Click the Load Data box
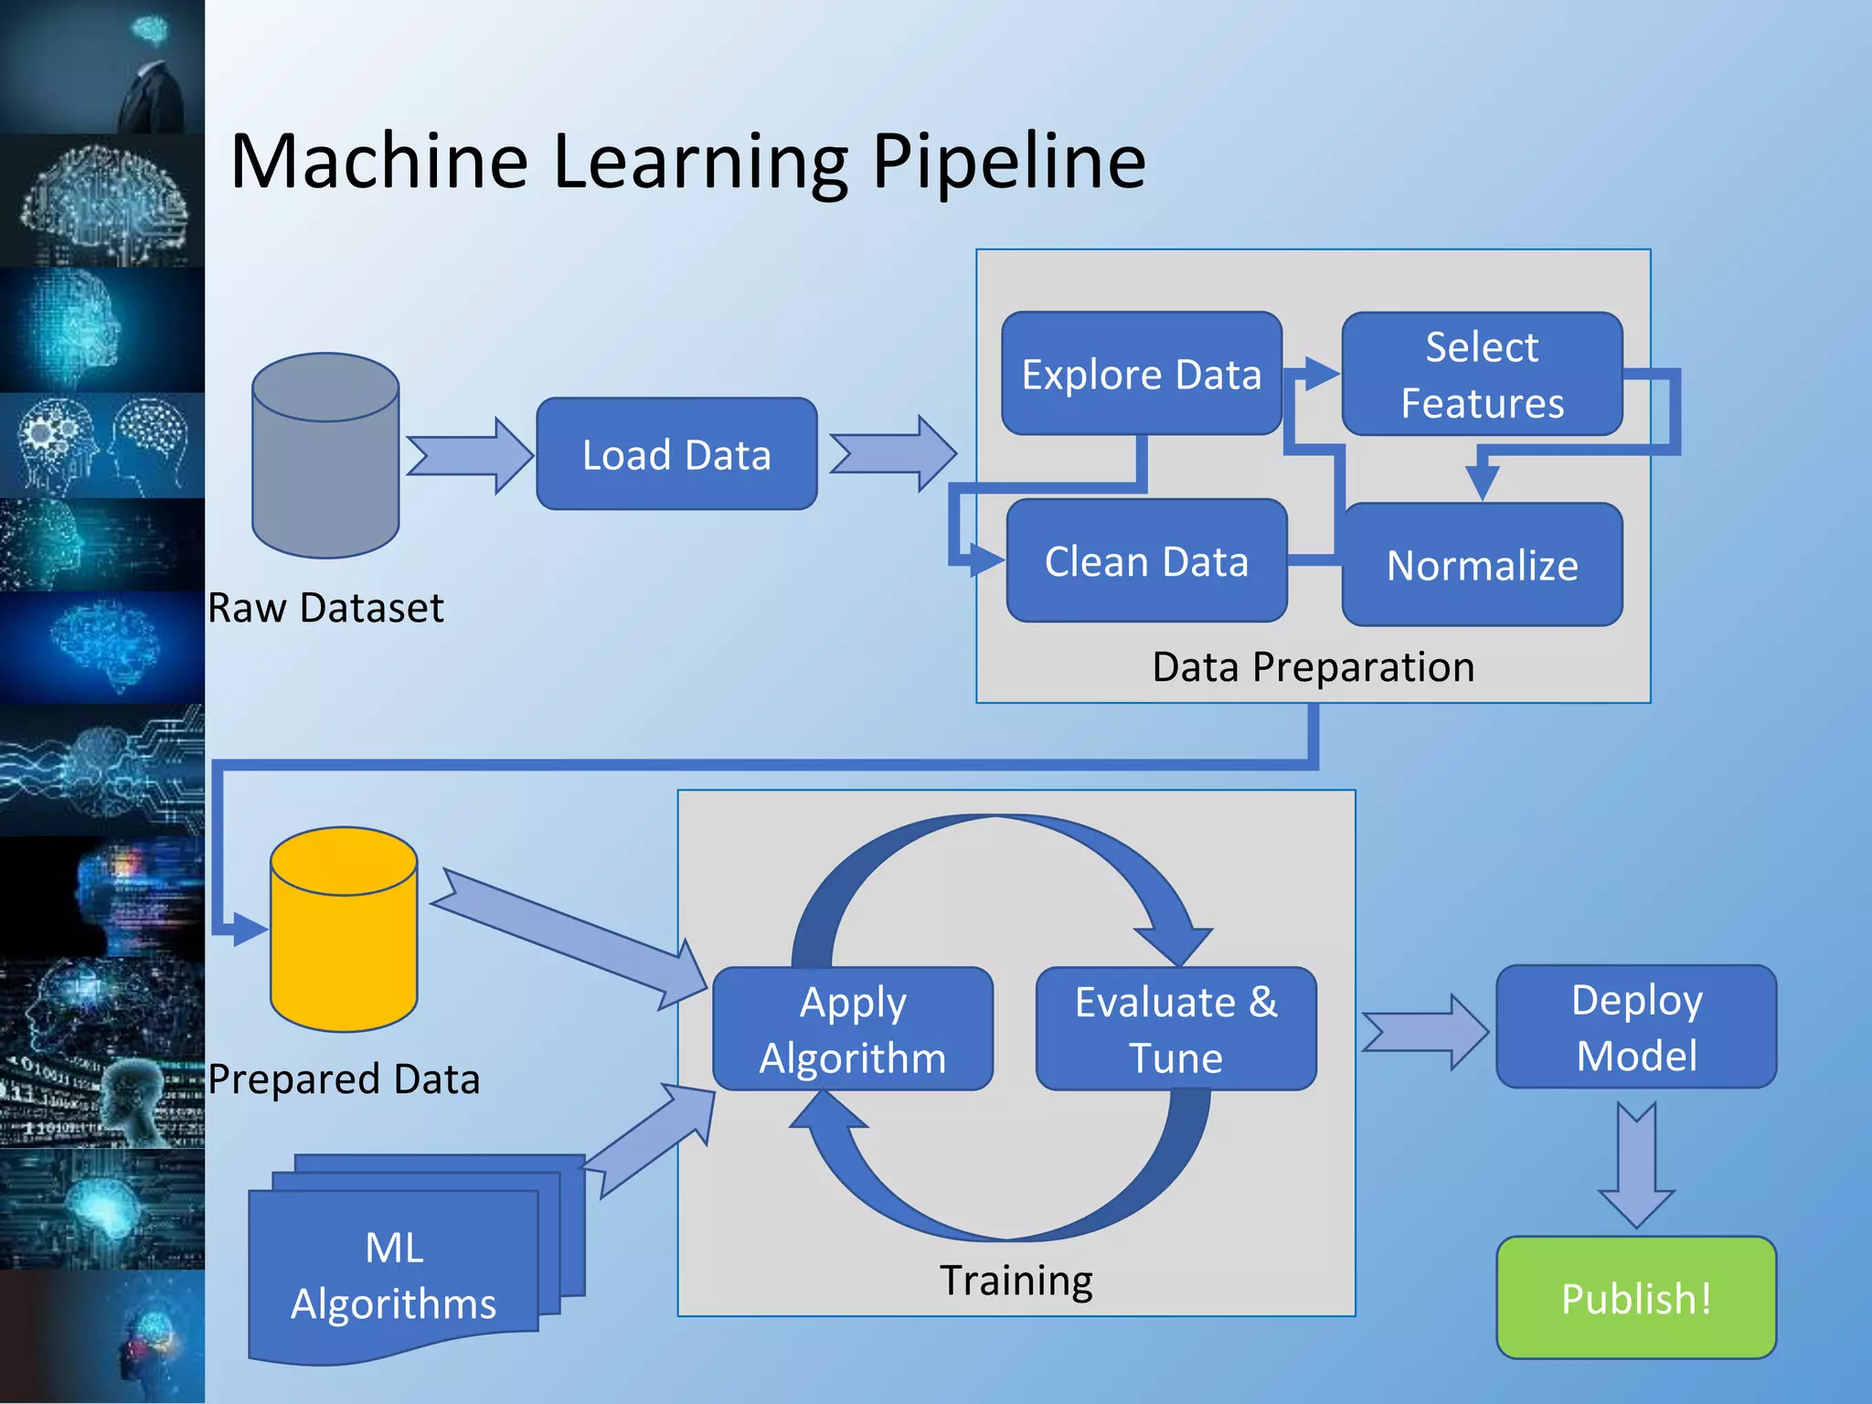point(676,453)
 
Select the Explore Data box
point(1141,373)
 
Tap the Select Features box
point(1482,374)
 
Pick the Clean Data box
point(1146,560)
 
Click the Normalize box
point(1482,565)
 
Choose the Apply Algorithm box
point(852,1029)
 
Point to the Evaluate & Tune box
point(1175,1029)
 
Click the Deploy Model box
point(1636,1026)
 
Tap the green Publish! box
point(1636,1298)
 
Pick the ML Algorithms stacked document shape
point(393,1275)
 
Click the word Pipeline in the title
point(1008,161)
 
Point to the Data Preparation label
point(1313,666)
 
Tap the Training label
point(1016,1280)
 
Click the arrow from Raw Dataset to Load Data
point(469,454)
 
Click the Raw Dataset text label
point(325,608)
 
